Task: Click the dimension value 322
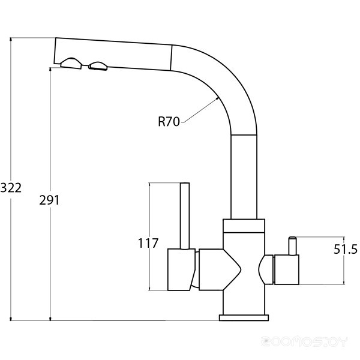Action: (x=11, y=188)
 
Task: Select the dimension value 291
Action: (x=49, y=200)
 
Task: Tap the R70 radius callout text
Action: (x=169, y=122)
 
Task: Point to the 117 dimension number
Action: (x=148, y=243)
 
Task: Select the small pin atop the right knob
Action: (x=292, y=245)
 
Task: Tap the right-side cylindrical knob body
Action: (x=286, y=269)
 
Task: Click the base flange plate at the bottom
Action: (x=244, y=316)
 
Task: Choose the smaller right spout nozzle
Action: (x=97, y=66)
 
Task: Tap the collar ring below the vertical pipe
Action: (x=243, y=226)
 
